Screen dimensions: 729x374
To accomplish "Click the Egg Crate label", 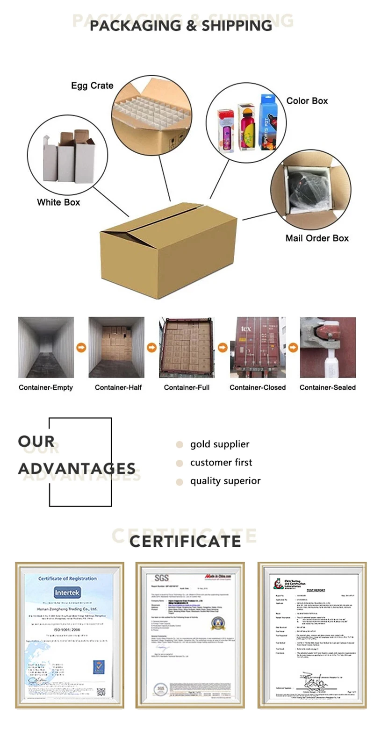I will coord(92,86).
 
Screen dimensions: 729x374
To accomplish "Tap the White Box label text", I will coord(58,202).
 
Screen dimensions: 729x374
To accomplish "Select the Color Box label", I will coord(307,100).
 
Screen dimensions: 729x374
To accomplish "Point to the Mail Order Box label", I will coord(317,238).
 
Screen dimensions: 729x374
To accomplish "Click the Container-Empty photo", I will coord(46,347).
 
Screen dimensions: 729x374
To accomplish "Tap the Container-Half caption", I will coord(118,387).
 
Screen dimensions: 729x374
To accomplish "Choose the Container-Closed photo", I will coord(258,347).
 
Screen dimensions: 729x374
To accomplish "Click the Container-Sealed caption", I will coord(328,387).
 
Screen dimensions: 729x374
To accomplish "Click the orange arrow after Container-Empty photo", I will coord(81,348).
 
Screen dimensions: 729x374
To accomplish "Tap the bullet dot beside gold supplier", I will coord(179,444).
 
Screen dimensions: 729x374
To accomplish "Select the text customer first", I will coord(221,463).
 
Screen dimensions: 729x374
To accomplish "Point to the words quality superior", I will coord(225,481).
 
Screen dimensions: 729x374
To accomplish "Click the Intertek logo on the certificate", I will coord(68,593).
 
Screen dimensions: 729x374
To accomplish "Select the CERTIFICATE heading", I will coord(185,541).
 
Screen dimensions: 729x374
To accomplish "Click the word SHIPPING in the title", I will coord(237,26).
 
